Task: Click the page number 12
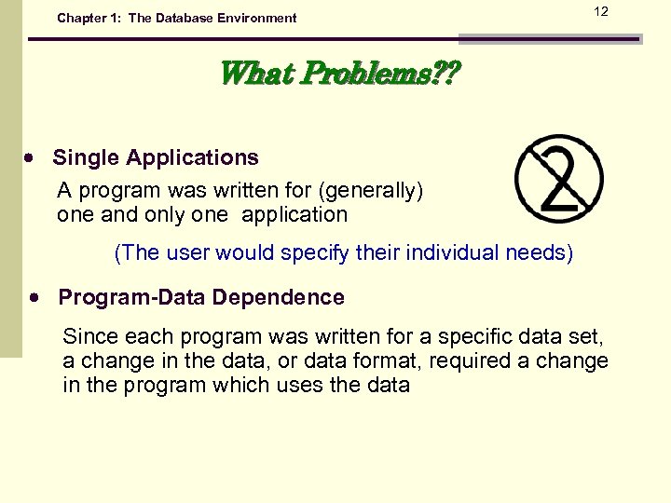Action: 601,11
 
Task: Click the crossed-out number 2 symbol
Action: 559,179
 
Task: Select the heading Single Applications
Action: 156,157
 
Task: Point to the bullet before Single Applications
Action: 30,158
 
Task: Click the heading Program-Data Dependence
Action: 201,298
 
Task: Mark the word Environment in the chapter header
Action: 258,18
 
